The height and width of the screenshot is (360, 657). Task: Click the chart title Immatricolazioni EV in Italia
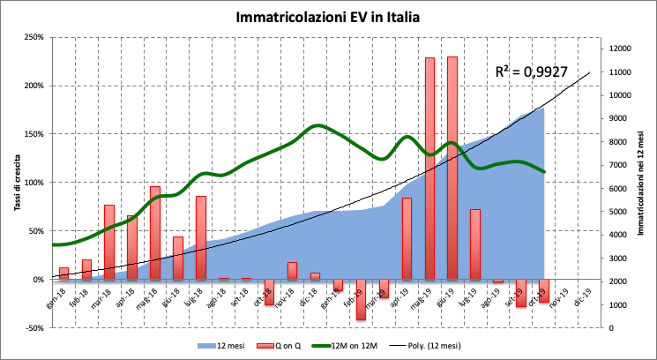pos(327,17)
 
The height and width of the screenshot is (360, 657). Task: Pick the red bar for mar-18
pos(108,242)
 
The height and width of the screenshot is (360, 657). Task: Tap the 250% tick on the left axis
pos(34,37)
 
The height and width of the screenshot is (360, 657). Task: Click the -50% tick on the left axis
pos(34,328)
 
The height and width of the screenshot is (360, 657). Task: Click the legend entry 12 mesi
pos(222,346)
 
